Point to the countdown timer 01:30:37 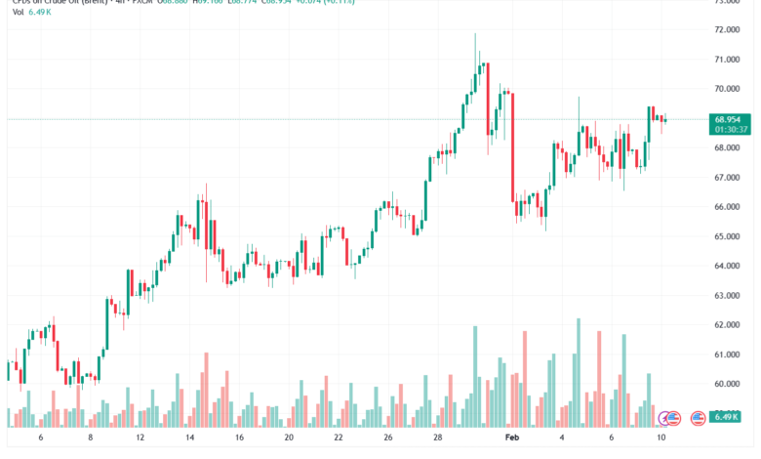pos(731,129)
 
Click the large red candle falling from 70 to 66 pos(511,146)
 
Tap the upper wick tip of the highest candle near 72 pos(475,33)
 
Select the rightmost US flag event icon pos(698,418)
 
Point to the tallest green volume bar pos(579,371)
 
